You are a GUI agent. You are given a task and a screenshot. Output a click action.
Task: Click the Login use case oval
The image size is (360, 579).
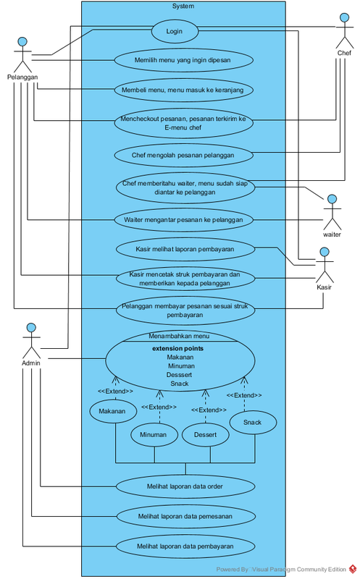click(175, 31)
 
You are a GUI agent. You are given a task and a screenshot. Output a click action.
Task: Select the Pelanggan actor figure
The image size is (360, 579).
click(22, 55)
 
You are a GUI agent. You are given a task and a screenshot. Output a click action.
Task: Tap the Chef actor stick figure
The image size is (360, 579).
click(345, 31)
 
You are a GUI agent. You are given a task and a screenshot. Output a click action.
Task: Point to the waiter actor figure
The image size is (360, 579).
click(332, 212)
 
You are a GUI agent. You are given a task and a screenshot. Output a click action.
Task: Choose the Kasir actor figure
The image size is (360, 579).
click(325, 265)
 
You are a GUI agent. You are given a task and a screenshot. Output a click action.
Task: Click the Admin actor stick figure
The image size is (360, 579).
click(31, 341)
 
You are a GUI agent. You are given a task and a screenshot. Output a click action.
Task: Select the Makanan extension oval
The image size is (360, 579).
click(113, 411)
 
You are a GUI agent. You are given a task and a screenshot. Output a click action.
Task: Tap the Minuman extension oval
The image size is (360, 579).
click(154, 435)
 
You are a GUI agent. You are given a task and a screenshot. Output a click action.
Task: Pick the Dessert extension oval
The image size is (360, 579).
click(206, 435)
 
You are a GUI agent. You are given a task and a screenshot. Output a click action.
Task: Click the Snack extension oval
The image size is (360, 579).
click(253, 422)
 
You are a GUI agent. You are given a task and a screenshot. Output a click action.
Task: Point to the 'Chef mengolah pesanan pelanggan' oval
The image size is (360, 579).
click(184, 155)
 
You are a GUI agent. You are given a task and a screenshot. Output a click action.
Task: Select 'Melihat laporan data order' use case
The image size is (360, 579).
click(185, 486)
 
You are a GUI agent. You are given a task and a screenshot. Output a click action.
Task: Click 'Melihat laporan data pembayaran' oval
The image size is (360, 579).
click(185, 546)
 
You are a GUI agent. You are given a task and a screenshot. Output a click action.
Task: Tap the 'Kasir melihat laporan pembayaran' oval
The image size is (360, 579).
click(185, 249)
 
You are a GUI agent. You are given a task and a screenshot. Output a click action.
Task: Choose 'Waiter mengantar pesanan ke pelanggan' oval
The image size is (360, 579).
click(184, 220)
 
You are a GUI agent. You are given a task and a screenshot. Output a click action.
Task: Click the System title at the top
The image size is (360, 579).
click(183, 6)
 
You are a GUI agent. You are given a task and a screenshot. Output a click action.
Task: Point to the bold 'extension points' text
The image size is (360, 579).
click(177, 348)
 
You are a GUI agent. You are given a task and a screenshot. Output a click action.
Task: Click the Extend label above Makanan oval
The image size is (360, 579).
click(115, 391)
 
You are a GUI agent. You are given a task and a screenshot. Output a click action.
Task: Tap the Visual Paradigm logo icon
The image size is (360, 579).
click(353, 569)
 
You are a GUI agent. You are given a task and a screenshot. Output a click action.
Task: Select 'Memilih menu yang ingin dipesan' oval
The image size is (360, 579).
click(184, 60)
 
